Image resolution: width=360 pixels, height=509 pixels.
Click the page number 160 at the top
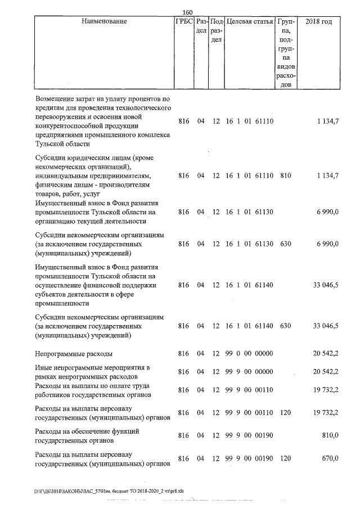188,12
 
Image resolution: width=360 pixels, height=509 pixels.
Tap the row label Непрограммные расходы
74,354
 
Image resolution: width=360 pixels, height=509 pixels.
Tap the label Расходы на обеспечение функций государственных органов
87,435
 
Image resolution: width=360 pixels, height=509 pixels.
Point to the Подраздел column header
217,31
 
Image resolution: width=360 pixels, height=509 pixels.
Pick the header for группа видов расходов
286,53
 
